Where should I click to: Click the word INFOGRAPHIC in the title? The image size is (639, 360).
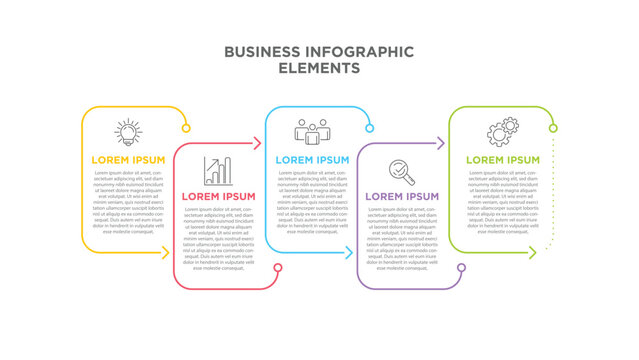pos(357,51)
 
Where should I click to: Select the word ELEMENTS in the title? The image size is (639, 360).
pos(319,68)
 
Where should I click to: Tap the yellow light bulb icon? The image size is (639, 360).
pos(128,132)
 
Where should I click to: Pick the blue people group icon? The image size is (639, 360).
pos(311,132)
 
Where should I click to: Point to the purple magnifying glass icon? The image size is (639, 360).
pos(402,171)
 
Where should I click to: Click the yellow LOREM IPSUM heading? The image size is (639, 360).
pos(128,159)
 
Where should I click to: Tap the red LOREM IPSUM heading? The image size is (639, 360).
pos(218,196)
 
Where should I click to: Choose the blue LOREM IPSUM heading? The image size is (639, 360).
pos(312,159)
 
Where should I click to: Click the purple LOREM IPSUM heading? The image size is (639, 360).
pos(402,196)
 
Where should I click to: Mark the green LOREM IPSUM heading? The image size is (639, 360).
pos(502,159)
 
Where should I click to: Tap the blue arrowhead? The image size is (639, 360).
pos(349,253)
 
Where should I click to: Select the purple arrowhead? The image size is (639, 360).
pos(439,144)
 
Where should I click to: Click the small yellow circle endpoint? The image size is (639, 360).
pos(186,127)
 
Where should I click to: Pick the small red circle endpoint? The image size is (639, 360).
pos(278,268)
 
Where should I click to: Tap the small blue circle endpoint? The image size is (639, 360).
pos(370,127)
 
